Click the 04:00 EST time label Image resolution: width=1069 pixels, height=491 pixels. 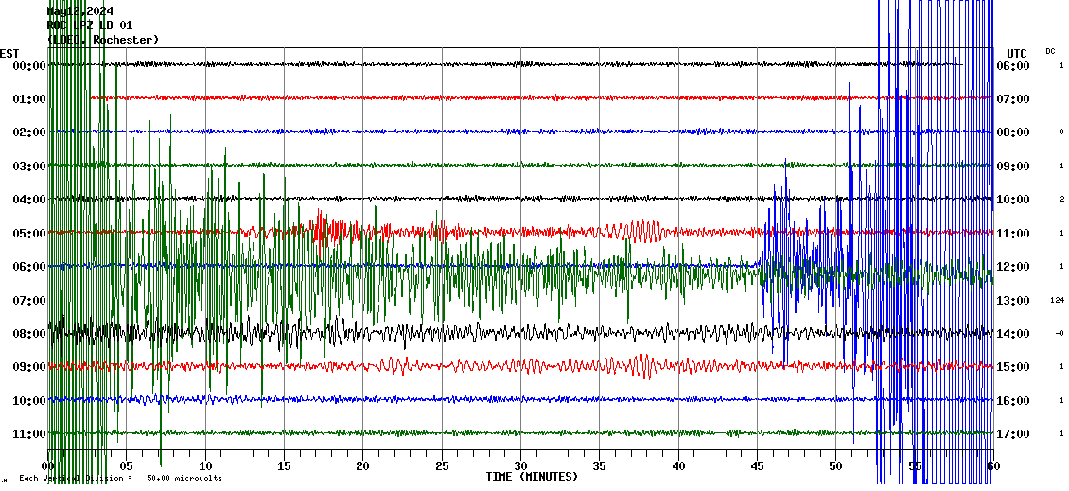28,200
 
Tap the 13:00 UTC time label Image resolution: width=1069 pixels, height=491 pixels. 1013,301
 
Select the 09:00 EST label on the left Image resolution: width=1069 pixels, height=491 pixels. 28,367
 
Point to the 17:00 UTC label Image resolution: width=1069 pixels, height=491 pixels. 1013,434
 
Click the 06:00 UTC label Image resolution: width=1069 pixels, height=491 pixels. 1013,66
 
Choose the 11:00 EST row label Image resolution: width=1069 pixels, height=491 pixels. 28,434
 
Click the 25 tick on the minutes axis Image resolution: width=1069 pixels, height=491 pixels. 442,466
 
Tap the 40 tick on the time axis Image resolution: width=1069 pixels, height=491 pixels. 678,466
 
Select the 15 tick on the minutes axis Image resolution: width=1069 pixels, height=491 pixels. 284,466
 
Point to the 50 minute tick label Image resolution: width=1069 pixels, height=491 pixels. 835,466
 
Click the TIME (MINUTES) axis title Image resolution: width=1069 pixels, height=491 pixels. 532,477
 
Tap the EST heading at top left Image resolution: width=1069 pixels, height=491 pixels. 9,53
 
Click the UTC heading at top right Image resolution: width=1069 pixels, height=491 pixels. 1017,53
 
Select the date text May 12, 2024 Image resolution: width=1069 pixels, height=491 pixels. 79,11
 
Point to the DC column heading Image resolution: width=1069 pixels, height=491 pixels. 1050,51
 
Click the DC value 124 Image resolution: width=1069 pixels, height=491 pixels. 1058,301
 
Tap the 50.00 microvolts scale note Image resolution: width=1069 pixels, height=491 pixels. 184,479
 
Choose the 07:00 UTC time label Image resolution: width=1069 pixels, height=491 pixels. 1013,99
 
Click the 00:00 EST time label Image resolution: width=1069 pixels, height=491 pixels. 28,66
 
